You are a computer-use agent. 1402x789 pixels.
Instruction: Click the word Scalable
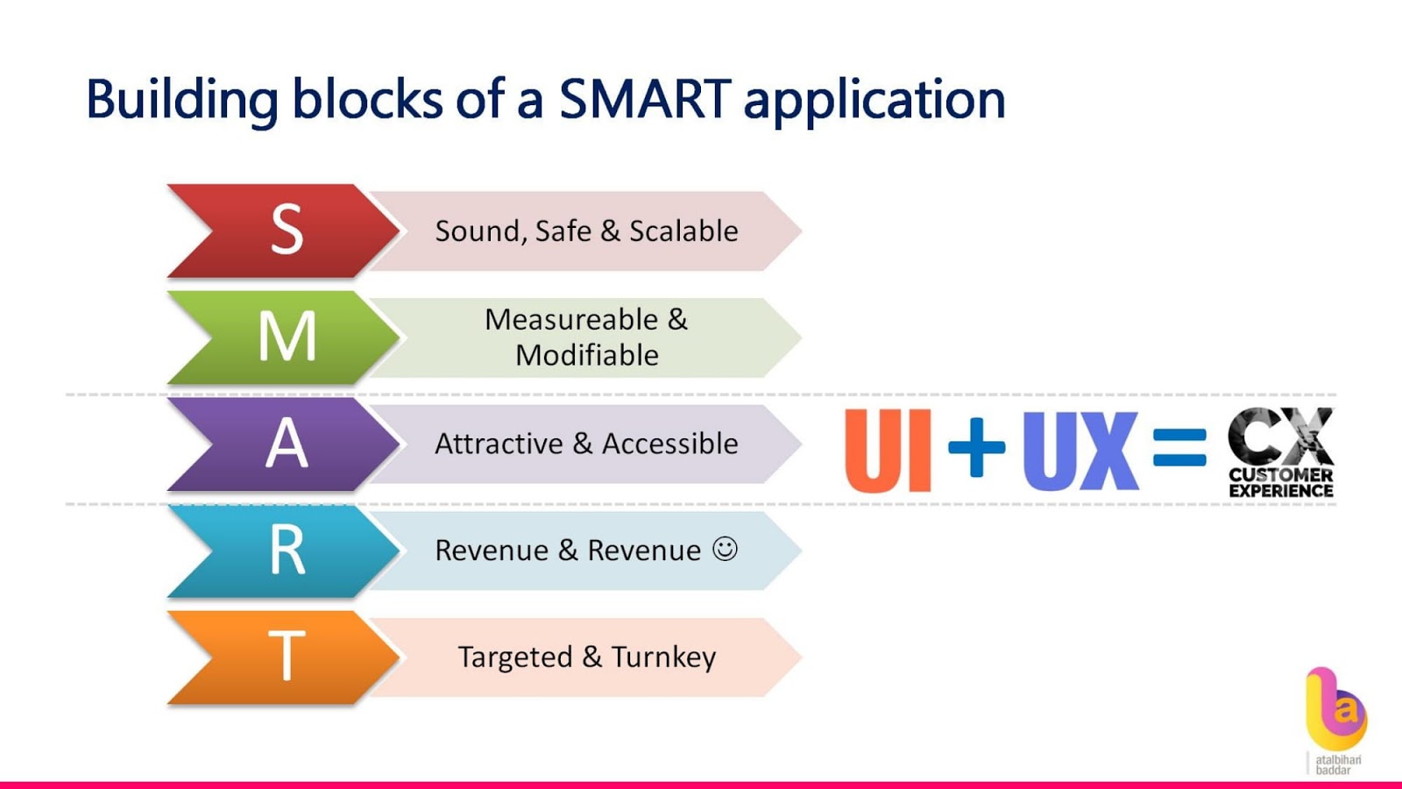pyautogui.click(x=683, y=231)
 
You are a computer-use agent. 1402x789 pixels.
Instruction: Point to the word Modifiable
pyautogui.click(x=587, y=356)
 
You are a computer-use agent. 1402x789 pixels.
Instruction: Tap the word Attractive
pyautogui.click(x=499, y=444)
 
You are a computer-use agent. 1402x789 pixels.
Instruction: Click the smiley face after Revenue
pyautogui.click(x=725, y=549)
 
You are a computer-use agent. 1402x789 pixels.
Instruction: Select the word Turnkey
pyautogui.click(x=663, y=657)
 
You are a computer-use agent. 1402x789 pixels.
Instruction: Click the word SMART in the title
pyautogui.click(x=645, y=98)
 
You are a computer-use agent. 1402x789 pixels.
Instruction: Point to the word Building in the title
pyautogui.click(x=181, y=100)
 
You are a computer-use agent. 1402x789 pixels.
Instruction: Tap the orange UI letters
pyautogui.click(x=887, y=451)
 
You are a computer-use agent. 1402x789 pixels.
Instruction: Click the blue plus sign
pyautogui.click(x=976, y=447)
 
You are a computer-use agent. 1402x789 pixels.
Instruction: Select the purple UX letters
pyautogui.click(x=1080, y=451)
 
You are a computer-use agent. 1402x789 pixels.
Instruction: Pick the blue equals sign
pyautogui.click(x=1179, y=446)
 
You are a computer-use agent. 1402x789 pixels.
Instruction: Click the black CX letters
pyautogui.click(x=1280, y=436)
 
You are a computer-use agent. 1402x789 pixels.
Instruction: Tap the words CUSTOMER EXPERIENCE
pyautogui.click(x=1280, y=483)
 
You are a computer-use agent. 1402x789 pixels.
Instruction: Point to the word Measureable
pyautogui.click(x=571, y=319)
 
